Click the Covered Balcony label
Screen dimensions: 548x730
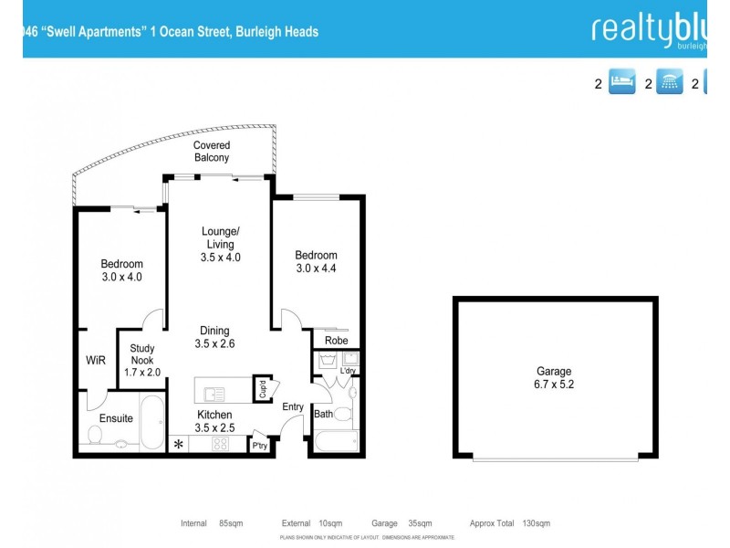point(212,152)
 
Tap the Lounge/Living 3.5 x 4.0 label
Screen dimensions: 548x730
point(220,244)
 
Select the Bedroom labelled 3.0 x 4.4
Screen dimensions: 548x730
point(316,261)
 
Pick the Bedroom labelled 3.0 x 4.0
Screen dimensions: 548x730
point(121,270)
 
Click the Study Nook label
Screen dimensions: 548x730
point(142,360)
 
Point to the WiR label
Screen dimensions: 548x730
point(96,361)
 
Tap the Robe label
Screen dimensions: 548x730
point(336,341)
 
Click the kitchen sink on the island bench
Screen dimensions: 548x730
point(214,395)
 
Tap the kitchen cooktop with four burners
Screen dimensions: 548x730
point(220,445)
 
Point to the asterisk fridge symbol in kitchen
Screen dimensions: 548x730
point(178,445)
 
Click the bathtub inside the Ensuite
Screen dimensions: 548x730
point(152,422)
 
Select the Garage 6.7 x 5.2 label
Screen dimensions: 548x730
point(554,378)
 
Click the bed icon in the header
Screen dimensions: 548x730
point(621,84)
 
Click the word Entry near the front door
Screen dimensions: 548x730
point(293,406)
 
